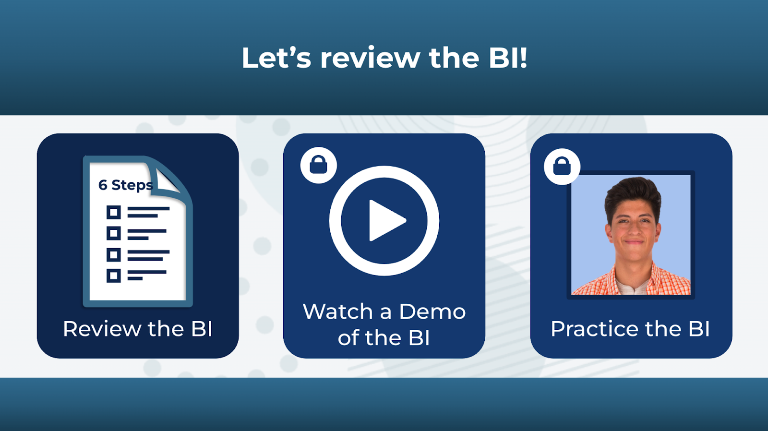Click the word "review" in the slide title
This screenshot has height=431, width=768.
[370, 58]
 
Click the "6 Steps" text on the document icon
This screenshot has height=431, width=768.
[125, 185]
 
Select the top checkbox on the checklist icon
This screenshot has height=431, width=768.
[114, 212]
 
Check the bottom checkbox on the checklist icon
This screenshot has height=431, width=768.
[114, 275]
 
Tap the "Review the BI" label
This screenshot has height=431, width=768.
[138, 329]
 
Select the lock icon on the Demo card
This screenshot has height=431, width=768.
[319, 165]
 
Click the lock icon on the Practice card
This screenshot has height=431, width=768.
[562, 167]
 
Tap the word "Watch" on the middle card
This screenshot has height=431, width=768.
[337, 312]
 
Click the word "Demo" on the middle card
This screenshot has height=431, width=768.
[432, 312]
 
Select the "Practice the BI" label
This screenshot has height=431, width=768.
[630, 329]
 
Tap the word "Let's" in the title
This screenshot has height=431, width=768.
[276, 58]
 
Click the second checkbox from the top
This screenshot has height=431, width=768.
[114, 233]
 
